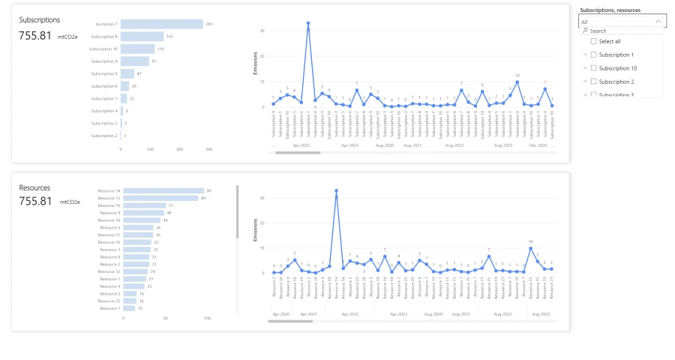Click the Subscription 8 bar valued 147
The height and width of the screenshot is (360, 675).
[142, 36]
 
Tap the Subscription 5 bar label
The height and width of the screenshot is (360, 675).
[104, 73]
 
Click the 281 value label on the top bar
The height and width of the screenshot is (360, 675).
[210, 24]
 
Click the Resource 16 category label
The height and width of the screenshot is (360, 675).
[109, 220]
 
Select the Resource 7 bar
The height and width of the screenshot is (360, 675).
[128, 308]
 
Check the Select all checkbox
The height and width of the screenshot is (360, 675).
[594, 41]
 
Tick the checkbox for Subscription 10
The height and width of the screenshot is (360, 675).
[594, 68]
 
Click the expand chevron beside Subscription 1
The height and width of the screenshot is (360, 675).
[584, 55]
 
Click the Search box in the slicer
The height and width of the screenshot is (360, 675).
[622, 31]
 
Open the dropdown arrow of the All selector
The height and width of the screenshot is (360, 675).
[658, 22]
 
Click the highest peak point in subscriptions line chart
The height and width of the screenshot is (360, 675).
[308, 23]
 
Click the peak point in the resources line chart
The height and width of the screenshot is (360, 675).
[336, 190]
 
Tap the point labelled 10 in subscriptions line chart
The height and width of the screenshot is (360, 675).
[517, 82]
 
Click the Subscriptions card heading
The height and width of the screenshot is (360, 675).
[40, 19]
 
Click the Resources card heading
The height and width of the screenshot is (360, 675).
[34, 187]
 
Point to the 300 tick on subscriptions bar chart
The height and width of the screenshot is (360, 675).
[208, 149]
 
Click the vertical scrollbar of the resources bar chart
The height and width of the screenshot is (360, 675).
[237, 213]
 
